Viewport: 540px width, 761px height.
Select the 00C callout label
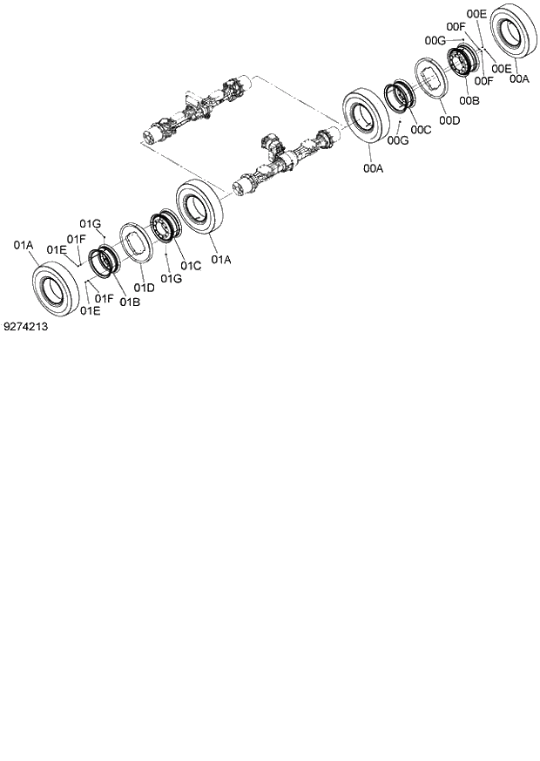[x=422, y=130]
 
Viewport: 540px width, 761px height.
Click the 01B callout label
[x=130, y=302]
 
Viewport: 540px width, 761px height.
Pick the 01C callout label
[x=191, y=265]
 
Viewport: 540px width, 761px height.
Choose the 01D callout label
[x=144, y=288]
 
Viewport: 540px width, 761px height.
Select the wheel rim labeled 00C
[x=402, y=93]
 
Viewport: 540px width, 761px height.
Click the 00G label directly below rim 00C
[x=397, y=139]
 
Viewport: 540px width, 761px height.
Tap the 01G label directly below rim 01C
[x=170, y=278]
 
